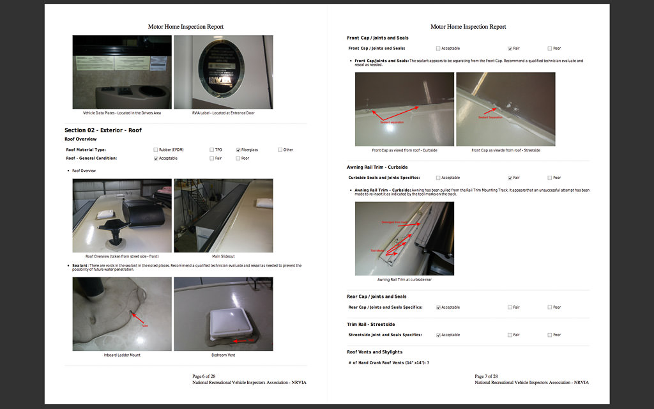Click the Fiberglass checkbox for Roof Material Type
(238, 150)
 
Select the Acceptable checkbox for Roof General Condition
(156, 158)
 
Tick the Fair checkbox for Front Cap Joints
(510, 49)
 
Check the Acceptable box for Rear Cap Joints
(438, 307)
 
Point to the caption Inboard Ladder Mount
(122, 355)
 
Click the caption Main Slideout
(224, 256)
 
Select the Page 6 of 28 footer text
(206, 376)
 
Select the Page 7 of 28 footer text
(486, 376)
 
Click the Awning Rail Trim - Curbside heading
(377, 167)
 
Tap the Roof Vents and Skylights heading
(374, 352)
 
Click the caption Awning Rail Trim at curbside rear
(404, 279)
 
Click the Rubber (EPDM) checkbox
(156, 150)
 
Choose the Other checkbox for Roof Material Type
(280, 150)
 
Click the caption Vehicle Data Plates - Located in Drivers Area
(122, 113)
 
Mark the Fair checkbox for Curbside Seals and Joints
(510, 178)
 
